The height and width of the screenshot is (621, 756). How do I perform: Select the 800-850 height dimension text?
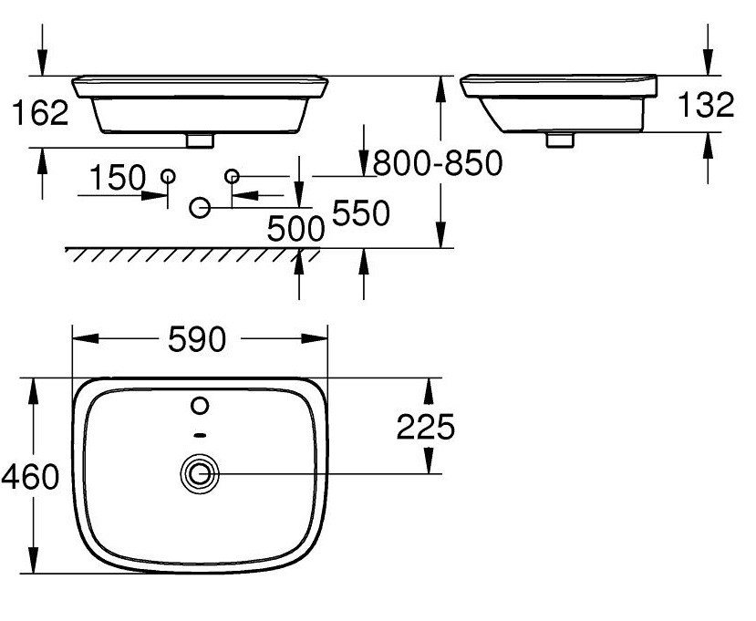[x=438, y=163]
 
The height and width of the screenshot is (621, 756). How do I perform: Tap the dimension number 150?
[x=118, y=178]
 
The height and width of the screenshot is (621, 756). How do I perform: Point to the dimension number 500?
[x=295, y=229]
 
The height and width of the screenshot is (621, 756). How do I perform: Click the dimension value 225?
[x=424, y=426]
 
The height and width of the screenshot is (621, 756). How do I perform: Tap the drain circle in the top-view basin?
[x=200, y=473]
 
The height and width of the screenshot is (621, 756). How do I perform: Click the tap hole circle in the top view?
[x=201, y=404]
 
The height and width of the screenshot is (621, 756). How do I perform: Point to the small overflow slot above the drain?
[x=201, y=435]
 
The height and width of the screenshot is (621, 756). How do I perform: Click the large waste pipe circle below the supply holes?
[x=200, y=209]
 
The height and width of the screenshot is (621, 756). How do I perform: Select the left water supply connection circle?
[x=168, y=175]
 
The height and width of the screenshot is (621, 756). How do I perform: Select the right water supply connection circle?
[x=232, y=175]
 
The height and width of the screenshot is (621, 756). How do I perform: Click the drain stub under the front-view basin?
[x=199, y=140]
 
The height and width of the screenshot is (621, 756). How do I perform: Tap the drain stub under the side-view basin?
[x=559, y=140]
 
